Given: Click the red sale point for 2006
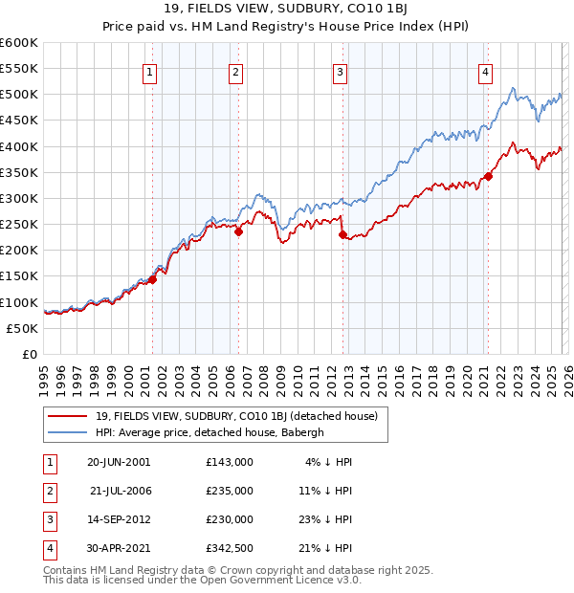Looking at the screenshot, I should pyautogui.click(x=238, y=231).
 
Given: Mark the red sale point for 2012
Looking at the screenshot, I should pyautogui.click(x=342, y=233).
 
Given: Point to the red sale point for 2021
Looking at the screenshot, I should pyautogui.click(x=488, y=176).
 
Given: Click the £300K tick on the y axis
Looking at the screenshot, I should pyautogui.click(x=19, y=198).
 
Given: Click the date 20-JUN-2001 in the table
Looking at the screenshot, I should pyautogui.click(x=119, y=461).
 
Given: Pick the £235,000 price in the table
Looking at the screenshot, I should pyautogui.click(x=230, y=490).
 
